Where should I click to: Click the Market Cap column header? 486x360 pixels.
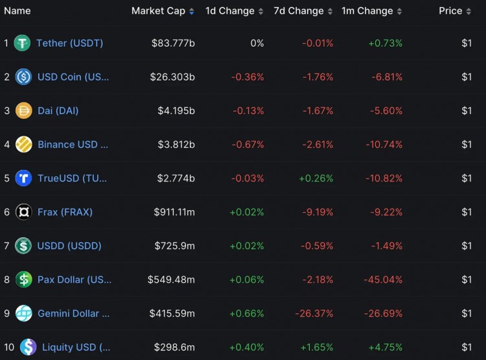pos(158,11)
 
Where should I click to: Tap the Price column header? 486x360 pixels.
pos(450,11)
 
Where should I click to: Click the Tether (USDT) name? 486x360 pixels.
pos(69,43)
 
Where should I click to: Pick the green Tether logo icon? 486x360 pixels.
pos(23,43)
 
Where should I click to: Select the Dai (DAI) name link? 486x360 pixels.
pos(58,110)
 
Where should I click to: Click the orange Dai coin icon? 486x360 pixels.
pos(24,110)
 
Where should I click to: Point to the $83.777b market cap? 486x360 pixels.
pos(173,43)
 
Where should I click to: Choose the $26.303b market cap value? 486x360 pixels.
pos(173,77)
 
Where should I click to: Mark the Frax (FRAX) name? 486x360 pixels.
pos(65,211)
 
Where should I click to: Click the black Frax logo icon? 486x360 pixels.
pos(24,212)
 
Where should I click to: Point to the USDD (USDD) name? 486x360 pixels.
pos(69,245)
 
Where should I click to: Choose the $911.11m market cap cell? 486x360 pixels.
pos(174,211)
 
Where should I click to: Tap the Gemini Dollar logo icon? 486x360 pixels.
pos(24,313)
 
